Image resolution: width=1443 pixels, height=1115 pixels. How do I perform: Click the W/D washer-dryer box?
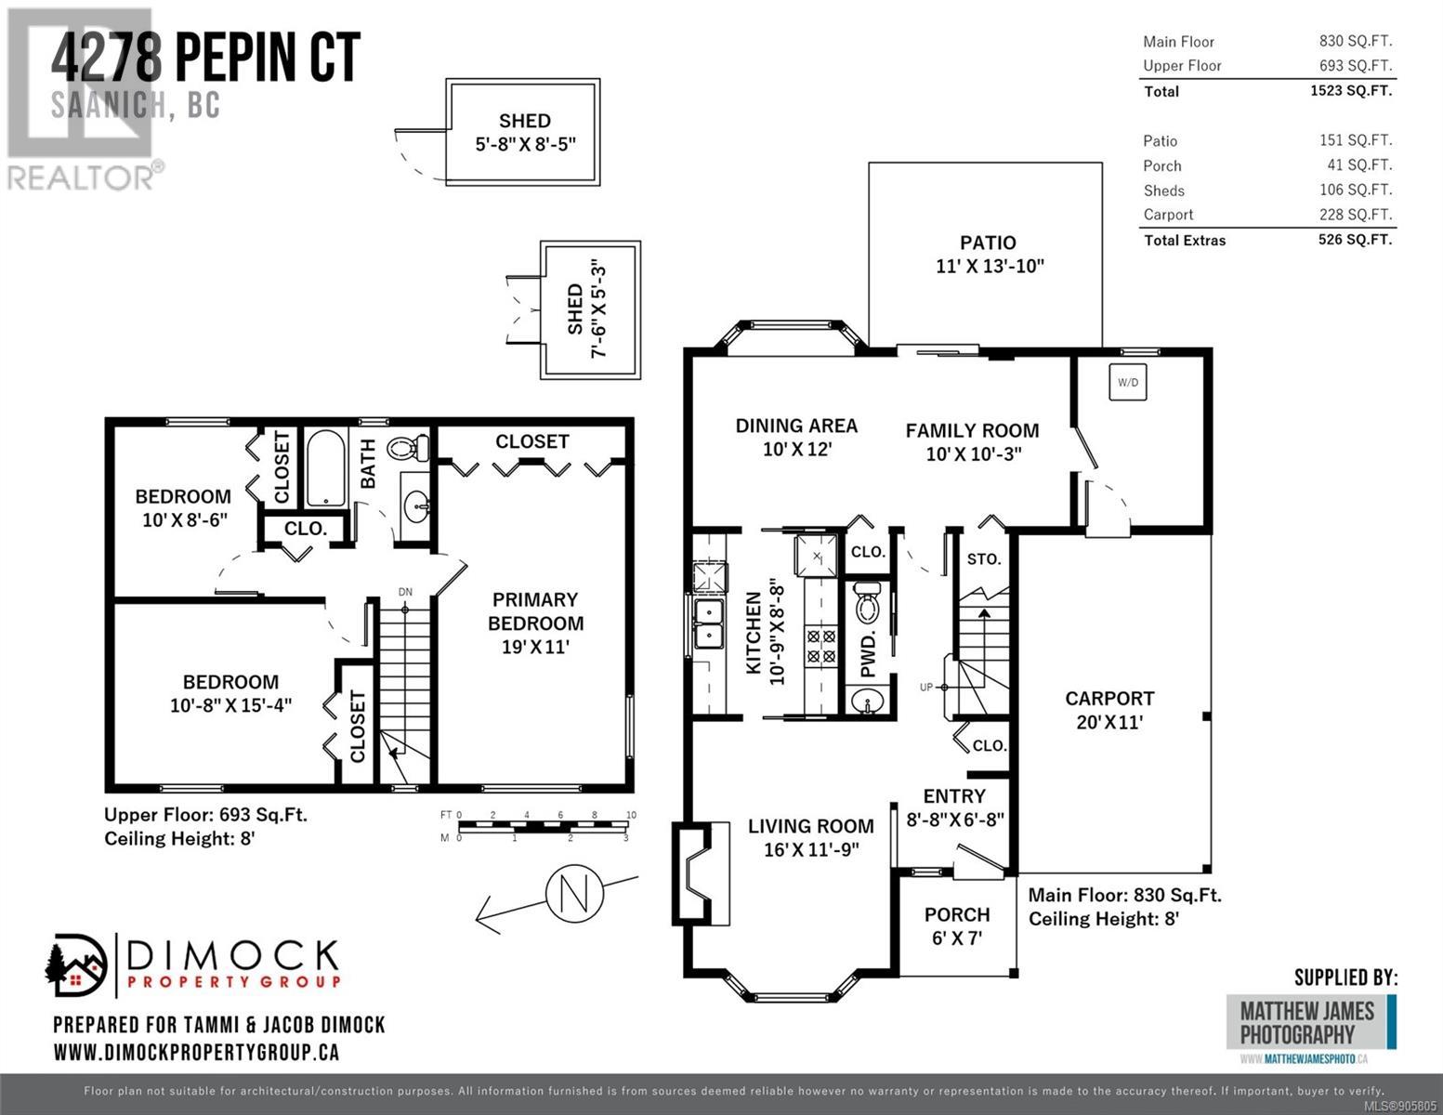[x=1128, y=382]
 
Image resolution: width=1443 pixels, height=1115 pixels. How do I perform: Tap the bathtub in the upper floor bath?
[x=325, y=468]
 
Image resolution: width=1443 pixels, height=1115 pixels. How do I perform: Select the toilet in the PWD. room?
[x=867, y=602]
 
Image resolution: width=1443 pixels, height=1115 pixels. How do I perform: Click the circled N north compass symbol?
[x=574, y=893]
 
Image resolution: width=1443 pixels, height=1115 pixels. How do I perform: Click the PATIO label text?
[x=988, y=243]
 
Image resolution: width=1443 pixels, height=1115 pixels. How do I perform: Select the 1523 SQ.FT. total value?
[x=1351, y=90]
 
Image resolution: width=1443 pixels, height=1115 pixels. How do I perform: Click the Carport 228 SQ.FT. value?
[x=1356, y=215]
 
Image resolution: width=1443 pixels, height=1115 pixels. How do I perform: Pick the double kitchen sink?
[x=708, y=623]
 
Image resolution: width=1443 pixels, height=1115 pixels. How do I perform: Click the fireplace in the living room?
[x=702, y=873]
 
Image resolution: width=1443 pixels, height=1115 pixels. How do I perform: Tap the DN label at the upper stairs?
[x=405, y=592]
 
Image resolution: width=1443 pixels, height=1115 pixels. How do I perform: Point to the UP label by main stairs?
[x=926, y=688]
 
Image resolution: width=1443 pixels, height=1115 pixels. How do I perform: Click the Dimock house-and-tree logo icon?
[x=75, y=964]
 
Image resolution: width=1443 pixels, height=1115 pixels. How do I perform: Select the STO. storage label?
[x=983, y=559]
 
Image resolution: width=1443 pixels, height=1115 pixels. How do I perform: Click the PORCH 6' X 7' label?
[x=957, y=925]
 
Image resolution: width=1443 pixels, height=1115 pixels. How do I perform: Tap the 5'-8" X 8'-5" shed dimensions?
[x=525, y=144]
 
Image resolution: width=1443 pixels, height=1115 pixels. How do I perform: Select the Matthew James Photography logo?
[x=1311, y=1023]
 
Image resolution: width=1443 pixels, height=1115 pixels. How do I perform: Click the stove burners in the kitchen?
[x=820, y=647]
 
